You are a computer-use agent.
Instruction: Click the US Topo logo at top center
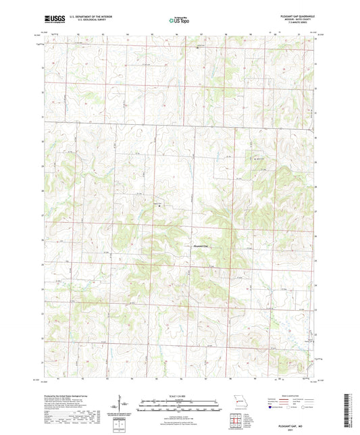(179, 20)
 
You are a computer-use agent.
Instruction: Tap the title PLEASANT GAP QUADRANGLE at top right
(295, 14)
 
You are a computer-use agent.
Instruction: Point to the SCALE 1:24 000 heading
(180, 395)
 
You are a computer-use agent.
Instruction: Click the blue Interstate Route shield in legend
(271, 408)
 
